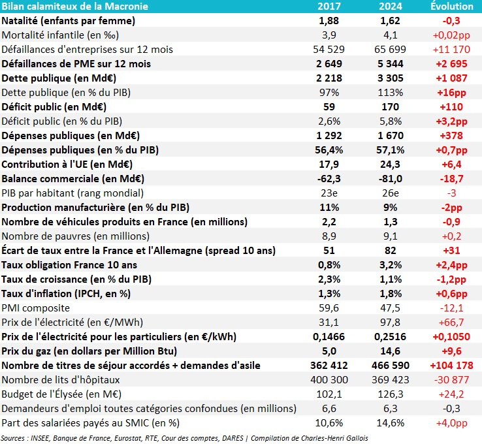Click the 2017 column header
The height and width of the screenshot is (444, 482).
[329, 7]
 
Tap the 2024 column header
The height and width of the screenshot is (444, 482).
[390, 7]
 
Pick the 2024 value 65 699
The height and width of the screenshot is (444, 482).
[389, 49]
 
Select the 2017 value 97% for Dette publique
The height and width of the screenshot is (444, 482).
[329, 92]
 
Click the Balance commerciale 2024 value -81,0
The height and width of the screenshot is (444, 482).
[389, 178]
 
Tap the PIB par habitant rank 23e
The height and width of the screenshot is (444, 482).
[329, 193]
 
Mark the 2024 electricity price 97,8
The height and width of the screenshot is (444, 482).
[389, 322]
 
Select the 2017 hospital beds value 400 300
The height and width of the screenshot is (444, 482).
[329, 379]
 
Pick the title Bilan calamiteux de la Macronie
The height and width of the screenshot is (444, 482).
[74, 7]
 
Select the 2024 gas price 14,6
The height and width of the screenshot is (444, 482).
[389, 351]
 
